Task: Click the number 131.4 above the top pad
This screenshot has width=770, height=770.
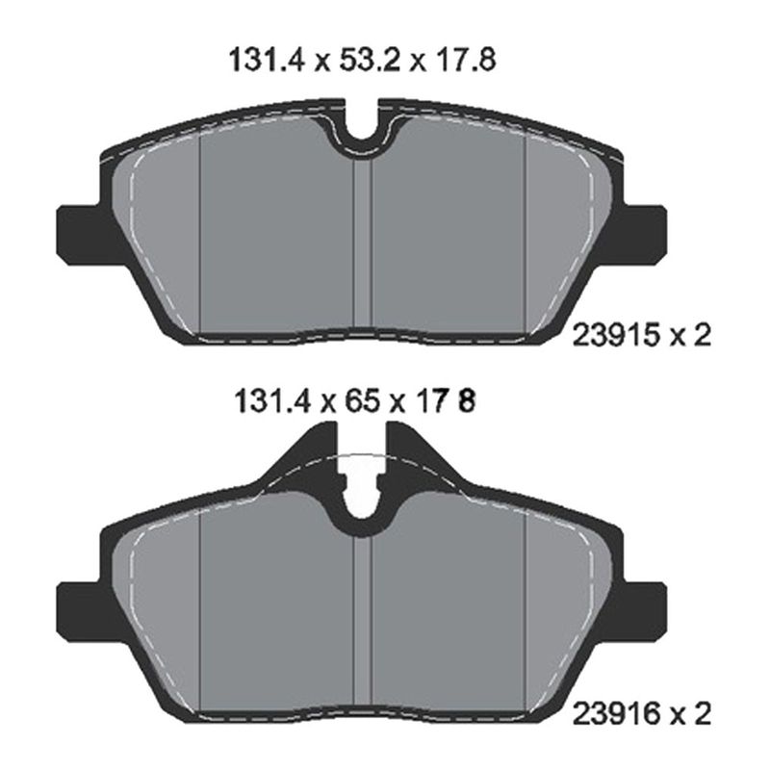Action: pyautogui.click(x=269, y=61)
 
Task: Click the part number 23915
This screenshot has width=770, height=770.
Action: pyautogui.click(x=615, y=336)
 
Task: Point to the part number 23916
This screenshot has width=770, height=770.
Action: pyautogui.click(x=615, y=714)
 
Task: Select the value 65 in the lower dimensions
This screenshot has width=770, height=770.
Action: pyautogui.click(x=363, y=402)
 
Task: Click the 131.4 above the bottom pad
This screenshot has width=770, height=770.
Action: pyautogui.click(x=273, y=402)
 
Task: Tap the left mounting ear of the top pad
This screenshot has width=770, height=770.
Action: pyautogui.click(x=80, y=236)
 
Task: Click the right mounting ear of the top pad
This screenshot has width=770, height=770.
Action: pyautogui.click(x=644, y=236)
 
